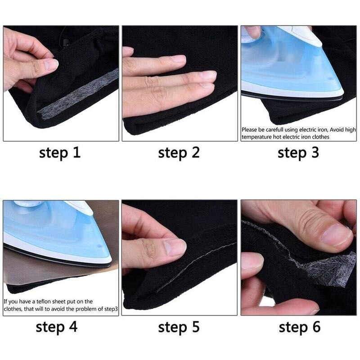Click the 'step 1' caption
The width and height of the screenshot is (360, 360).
click(x=59, y=153)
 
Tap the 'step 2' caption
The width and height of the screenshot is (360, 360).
click(x=179, y=153)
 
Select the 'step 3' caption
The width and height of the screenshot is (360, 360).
click(x=298, y=153)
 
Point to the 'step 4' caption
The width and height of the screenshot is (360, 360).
click(x=59, y=327)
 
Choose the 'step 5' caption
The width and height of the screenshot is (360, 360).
click(x=179, y=327)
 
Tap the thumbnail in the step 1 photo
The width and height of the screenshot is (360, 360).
click(x=50, y=64)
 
